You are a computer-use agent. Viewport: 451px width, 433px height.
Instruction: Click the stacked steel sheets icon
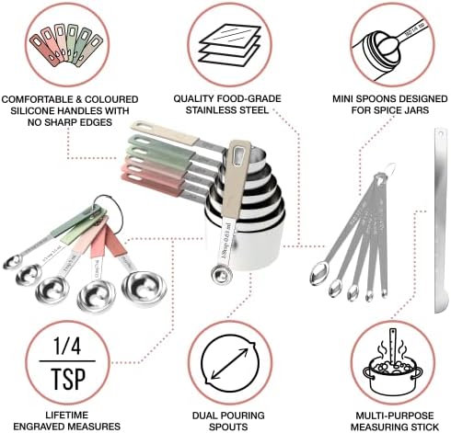click(x=225, y=42)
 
